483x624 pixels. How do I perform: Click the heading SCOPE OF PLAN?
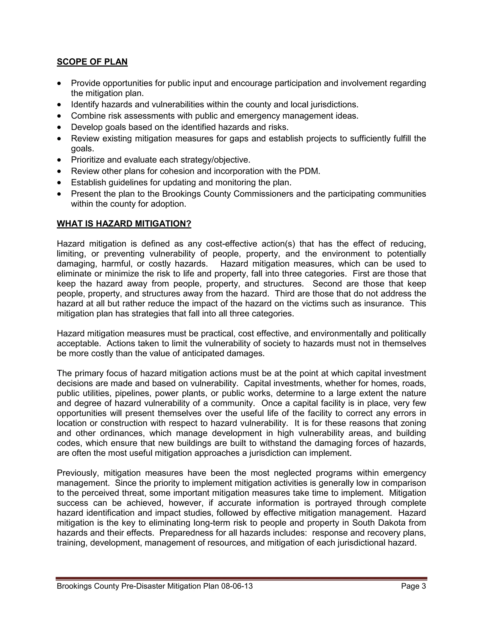pos(92,62)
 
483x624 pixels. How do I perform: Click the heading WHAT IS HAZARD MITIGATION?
pos(124,223)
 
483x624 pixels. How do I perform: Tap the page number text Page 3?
pos(413,586)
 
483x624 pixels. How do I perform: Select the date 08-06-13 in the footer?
pos(237,586)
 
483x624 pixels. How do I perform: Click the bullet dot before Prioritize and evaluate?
pos(59,160)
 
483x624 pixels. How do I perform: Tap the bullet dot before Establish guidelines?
pos(59,182)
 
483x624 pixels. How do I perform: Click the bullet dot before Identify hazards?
pos(59,105)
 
